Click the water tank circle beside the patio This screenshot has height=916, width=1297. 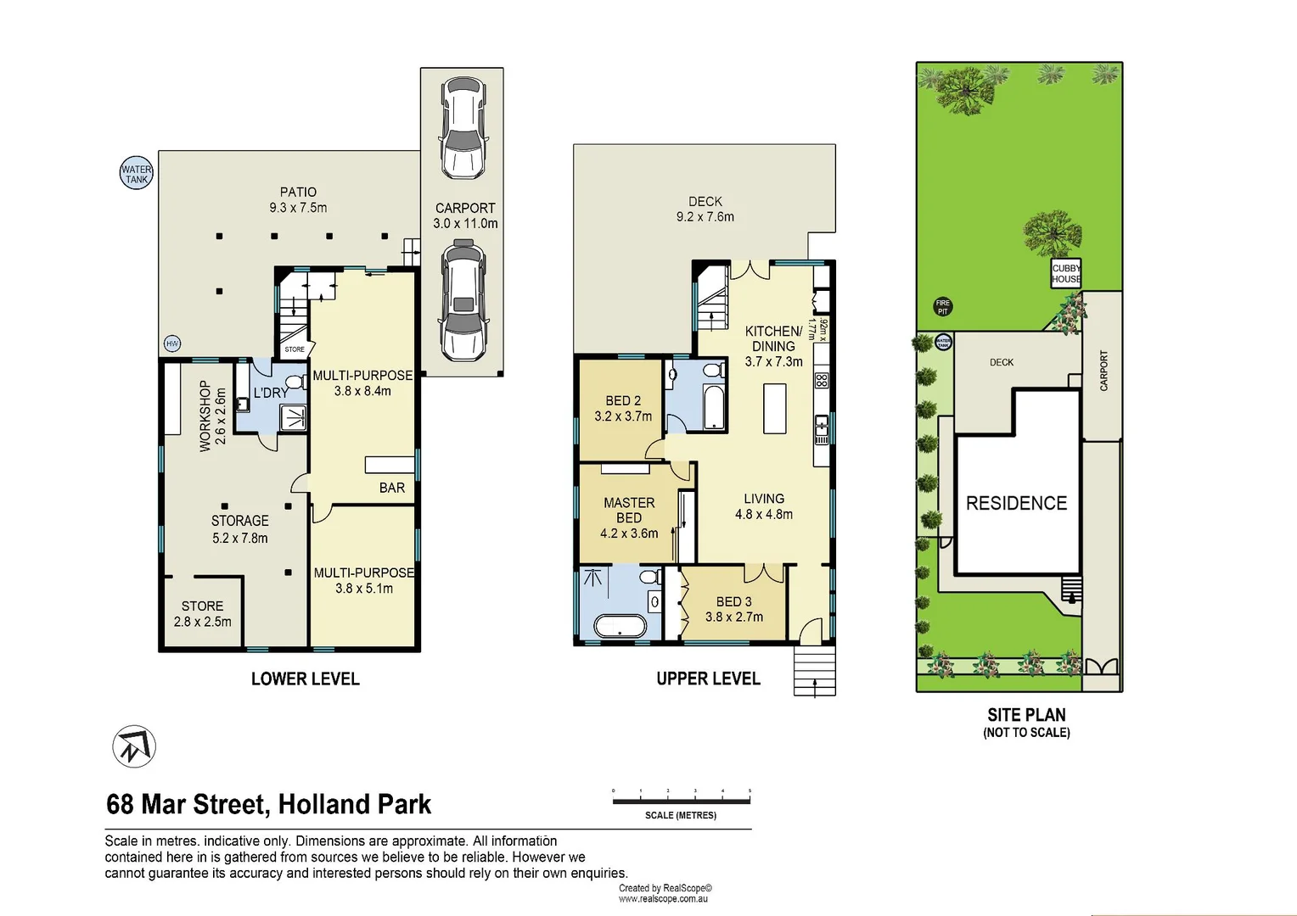pyautogui.click(x=136, y=173)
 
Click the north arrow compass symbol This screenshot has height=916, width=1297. pyautogui.click(x=134, y=746)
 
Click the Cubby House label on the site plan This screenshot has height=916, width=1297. pyautogui.click(x=1066, y=273)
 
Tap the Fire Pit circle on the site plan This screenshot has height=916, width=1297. pyautogui.click(x=942, y=307)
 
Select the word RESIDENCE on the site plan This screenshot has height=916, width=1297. pyautogui.click(x=1016, y=503)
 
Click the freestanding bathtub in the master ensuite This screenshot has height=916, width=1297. pyautogui.click(x=619, y=627)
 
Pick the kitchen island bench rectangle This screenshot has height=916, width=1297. pyautogui.click(x=774, y=409)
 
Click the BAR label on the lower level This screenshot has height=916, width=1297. pyautogui.click(x=392, y=488)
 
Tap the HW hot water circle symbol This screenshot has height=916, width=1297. pyautogui.click(x=172, y=343)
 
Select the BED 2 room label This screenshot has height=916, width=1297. pyautogui.click(x=623, y=408)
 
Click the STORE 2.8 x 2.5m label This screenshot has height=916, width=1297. pyautogui.click(x=202, y=613)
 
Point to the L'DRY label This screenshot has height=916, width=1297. pyautogui.click(x=271, y=393)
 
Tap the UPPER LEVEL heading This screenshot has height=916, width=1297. pyautogui.click(x=708, y=679)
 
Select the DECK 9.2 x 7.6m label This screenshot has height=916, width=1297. pyautogui.click(x=705, y=209)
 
